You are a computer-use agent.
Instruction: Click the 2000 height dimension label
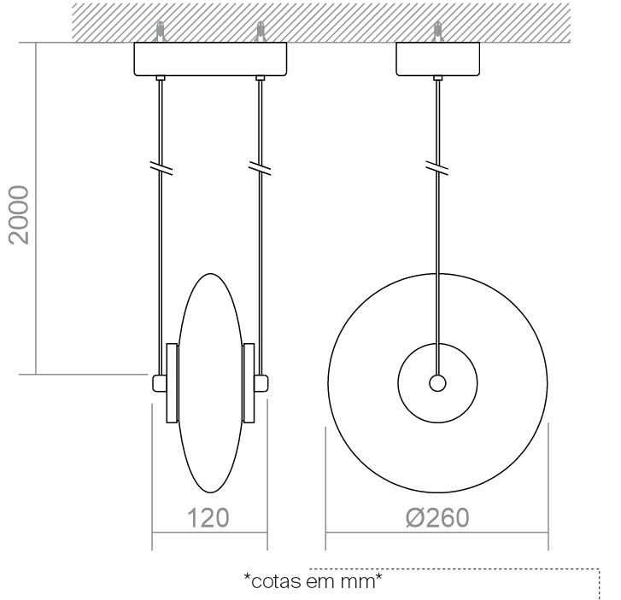19,215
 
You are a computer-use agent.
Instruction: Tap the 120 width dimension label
208,518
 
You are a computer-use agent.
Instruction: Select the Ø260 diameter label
437,518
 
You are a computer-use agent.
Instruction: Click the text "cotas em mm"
313,581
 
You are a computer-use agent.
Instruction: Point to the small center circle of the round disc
437,383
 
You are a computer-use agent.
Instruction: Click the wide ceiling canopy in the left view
210,59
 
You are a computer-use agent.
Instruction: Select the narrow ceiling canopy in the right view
437,59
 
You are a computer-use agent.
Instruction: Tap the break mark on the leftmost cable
161,168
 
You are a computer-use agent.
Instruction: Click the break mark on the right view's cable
437,168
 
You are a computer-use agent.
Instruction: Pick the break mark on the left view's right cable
260,168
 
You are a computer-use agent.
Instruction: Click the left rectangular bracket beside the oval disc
172,383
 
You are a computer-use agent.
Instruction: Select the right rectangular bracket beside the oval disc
249,383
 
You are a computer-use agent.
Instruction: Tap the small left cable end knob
159,383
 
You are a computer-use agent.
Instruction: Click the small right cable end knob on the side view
261,383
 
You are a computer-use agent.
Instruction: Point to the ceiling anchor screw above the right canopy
437,32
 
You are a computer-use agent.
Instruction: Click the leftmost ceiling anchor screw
160,32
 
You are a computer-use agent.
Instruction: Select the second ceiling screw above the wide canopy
260,32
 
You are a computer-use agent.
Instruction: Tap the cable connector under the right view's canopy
437,78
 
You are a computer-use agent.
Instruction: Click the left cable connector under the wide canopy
161,78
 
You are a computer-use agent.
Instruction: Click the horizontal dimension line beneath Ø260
436,533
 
